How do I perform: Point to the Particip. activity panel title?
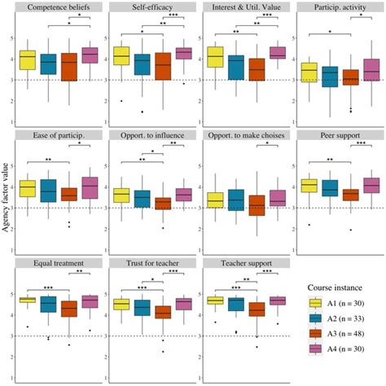click(338, 7)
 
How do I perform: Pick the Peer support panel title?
click(338, 134)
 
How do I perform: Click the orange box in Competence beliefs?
click(70, 67)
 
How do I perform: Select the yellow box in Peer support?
click(309, 186)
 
